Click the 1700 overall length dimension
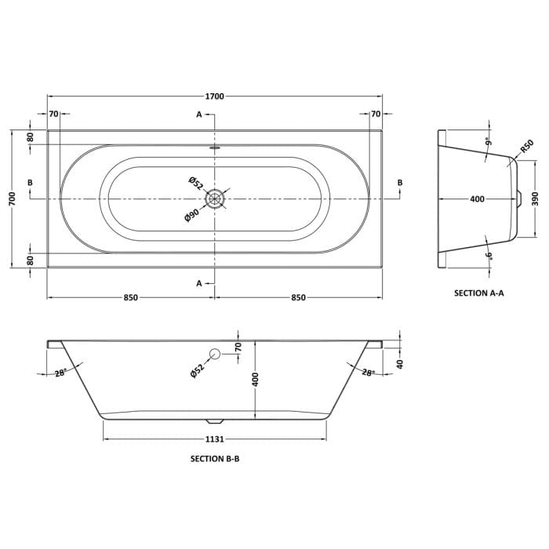214,96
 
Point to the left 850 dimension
130,297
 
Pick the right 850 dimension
298,297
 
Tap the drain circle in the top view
214,199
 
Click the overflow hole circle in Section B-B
213,354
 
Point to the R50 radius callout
526,146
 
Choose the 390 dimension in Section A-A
536,199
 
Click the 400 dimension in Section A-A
477,199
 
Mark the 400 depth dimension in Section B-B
255,380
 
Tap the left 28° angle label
60,373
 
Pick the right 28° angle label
367,373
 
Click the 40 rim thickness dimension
399,364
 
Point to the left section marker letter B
30,183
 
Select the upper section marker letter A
199,115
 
